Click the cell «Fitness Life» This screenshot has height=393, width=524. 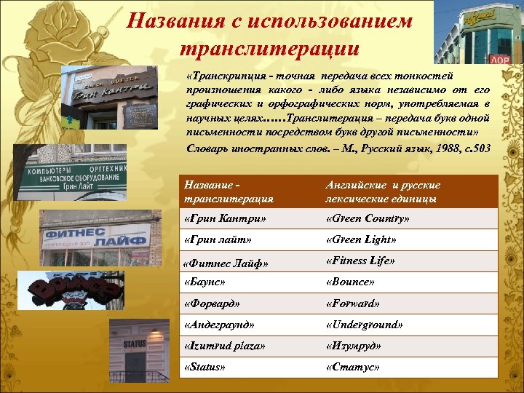(361, 261)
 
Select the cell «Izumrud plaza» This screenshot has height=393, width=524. (225, 346)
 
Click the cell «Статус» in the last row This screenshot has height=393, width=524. (352, 367)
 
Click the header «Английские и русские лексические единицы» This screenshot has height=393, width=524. (382, 191)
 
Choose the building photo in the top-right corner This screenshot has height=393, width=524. (478, 32)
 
